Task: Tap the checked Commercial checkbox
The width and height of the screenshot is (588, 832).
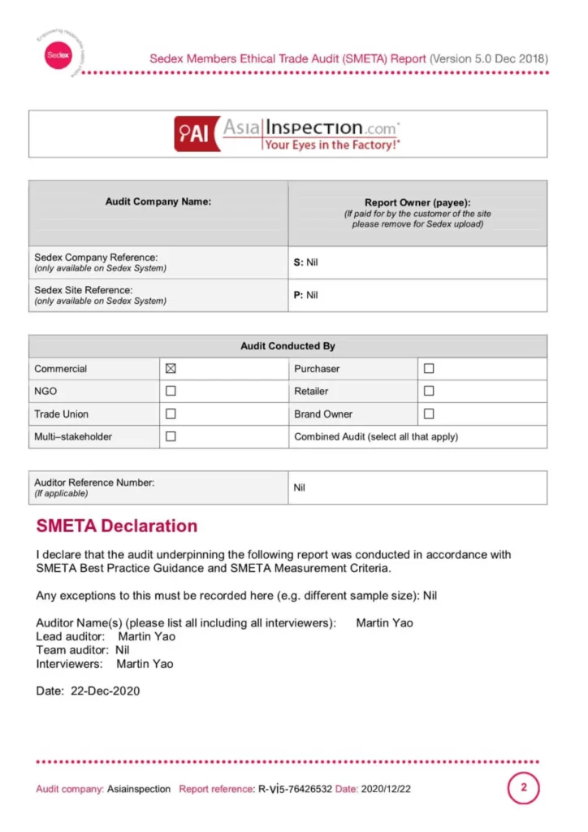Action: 171,368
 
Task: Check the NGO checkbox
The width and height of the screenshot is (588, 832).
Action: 171,391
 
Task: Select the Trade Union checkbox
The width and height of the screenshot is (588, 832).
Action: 171,414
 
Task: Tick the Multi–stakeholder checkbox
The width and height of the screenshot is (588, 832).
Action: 171,436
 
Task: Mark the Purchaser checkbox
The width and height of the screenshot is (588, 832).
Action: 429,368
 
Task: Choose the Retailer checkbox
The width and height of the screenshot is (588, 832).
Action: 429,391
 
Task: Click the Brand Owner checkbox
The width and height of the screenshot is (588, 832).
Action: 429,414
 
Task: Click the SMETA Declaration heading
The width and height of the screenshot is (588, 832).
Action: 116,526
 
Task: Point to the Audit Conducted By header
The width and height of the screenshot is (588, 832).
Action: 288,346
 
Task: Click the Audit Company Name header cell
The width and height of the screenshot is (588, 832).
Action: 158,201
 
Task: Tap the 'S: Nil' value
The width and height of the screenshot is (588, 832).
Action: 305,262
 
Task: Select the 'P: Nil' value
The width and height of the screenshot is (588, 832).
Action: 305,295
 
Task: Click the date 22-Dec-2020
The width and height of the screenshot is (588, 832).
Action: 105,691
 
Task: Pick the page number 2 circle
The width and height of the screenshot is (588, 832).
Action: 524,787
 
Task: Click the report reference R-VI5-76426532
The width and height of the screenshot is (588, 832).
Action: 295,789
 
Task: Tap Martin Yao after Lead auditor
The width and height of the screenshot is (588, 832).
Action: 146,636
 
